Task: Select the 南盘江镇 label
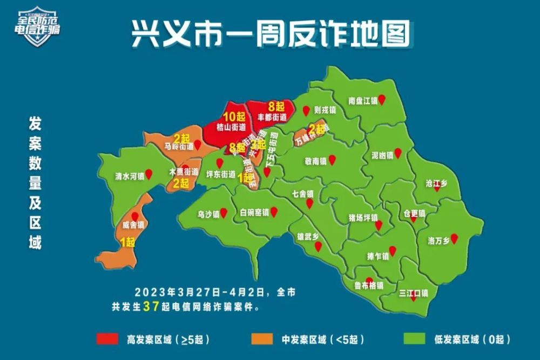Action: coord(362,100)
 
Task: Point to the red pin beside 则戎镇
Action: coord(306,111)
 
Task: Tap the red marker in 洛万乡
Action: coord(454,238)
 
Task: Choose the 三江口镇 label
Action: coord(413,294)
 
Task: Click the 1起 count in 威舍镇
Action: coord(127,243)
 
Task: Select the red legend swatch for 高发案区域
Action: coord(108,339)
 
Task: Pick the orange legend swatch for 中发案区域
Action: coord(263,339)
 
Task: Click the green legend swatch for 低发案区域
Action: coord(415,339)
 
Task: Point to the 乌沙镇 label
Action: coord(208,214)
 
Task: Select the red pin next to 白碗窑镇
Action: coord(274,212)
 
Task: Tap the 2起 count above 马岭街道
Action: coord(181,138)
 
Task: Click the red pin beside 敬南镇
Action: coord(332,160)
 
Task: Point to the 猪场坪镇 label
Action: coord(363,219)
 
